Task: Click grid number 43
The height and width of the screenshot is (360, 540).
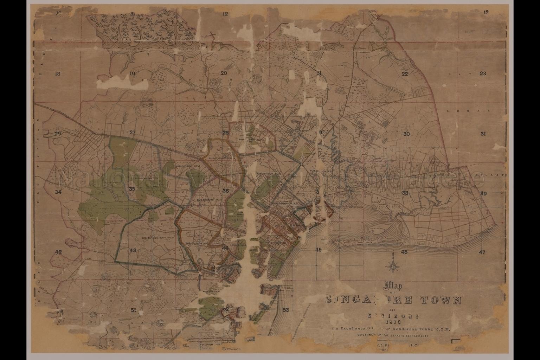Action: pyautogui.click(x=133, y=250)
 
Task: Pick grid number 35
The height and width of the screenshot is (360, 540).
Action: pyautogui.click(x=132, y=189)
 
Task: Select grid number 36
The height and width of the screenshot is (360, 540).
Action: pyautogui.click(x=226, y=191)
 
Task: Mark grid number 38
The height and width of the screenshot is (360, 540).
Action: pyautogui.click(x=405, y=193)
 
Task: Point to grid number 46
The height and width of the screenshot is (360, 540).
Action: pyautogui.click(x=404, y=252)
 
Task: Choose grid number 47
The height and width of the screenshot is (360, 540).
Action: pyautogui.click(x=482, y=252)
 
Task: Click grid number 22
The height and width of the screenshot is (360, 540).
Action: pyautogui.click(x=405, y=74)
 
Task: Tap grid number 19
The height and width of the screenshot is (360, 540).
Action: pyautogui.click(x=132, y=73)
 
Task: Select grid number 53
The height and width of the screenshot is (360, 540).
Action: pyautogui.click(x=286, y=310)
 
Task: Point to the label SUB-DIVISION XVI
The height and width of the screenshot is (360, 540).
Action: pyautogui.click(x=284, y=203)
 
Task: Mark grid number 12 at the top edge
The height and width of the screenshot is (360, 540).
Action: pyautogui.click(x=225, y=14)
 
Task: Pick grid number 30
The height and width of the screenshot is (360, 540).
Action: pyautogui.click(x=406, y=134)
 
